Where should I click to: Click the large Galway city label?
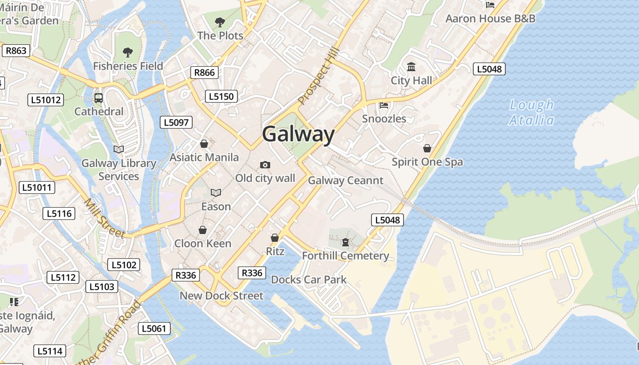click(x=299, y=135)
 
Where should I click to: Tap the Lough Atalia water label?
click(x=531, y=113)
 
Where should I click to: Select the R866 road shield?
click(x=204, y=72)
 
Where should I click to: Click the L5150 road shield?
click(x=222, y=96)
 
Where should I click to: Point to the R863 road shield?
click(x=16, y=51)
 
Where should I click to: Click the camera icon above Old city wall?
click(x=265, y=165)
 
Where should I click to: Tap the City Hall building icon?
click(x=411, y=67)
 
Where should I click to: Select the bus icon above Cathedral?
click(x=99, y=98)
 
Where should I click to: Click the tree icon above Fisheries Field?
click(x=128, y=52)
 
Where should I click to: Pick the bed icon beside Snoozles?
click(x=384, y=105)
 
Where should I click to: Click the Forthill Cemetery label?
click(x=346, y=255)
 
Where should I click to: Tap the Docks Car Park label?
click(x=309, y=279)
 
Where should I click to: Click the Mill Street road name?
click(x=105, y=218)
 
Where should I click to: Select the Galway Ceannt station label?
click(x=346, y=180)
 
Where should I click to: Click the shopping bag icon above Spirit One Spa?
click(x=427, y=148)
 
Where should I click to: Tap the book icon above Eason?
click(x=216, y=193)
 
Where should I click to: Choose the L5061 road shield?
click(x=154, y=328)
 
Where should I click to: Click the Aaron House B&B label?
click(x=490, y=19)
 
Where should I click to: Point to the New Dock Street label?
click(x=221, y=296)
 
